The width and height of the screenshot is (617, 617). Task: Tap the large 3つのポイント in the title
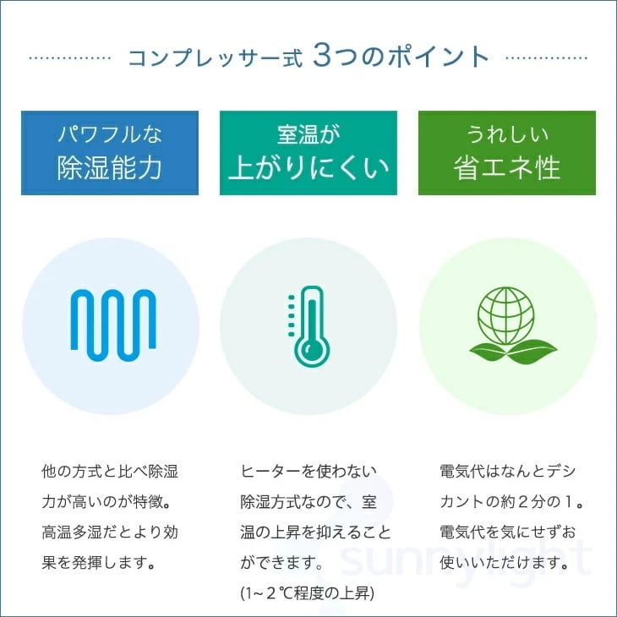pos(401,57)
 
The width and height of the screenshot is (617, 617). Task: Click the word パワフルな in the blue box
pos(110,134)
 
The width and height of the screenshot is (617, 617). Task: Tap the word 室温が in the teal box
pos(308,134)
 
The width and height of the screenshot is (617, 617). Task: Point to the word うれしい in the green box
pos(507,134)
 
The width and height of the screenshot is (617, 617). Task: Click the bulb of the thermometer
pos(313,352)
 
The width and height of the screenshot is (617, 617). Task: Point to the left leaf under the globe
pos(487,350)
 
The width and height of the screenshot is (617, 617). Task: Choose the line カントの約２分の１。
pos(512,501)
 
